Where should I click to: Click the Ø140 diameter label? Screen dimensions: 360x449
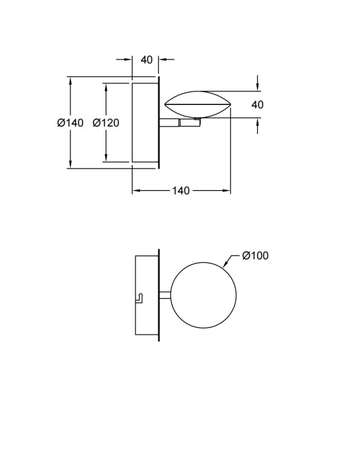click(70, 123)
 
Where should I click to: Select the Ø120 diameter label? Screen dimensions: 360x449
click(106, 123)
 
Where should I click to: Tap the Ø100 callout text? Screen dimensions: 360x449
click(255, 255)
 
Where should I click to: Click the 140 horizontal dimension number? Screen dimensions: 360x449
click(181, 191)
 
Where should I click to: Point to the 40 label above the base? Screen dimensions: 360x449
click(147, 60)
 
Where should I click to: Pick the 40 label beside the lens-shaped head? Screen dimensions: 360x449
click(257, 105)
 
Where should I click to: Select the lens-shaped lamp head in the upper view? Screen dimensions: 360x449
click(198, 104)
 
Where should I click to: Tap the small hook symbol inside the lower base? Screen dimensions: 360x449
click(139, 298)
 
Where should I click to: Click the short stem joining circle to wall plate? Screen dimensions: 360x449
click(164, 295)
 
